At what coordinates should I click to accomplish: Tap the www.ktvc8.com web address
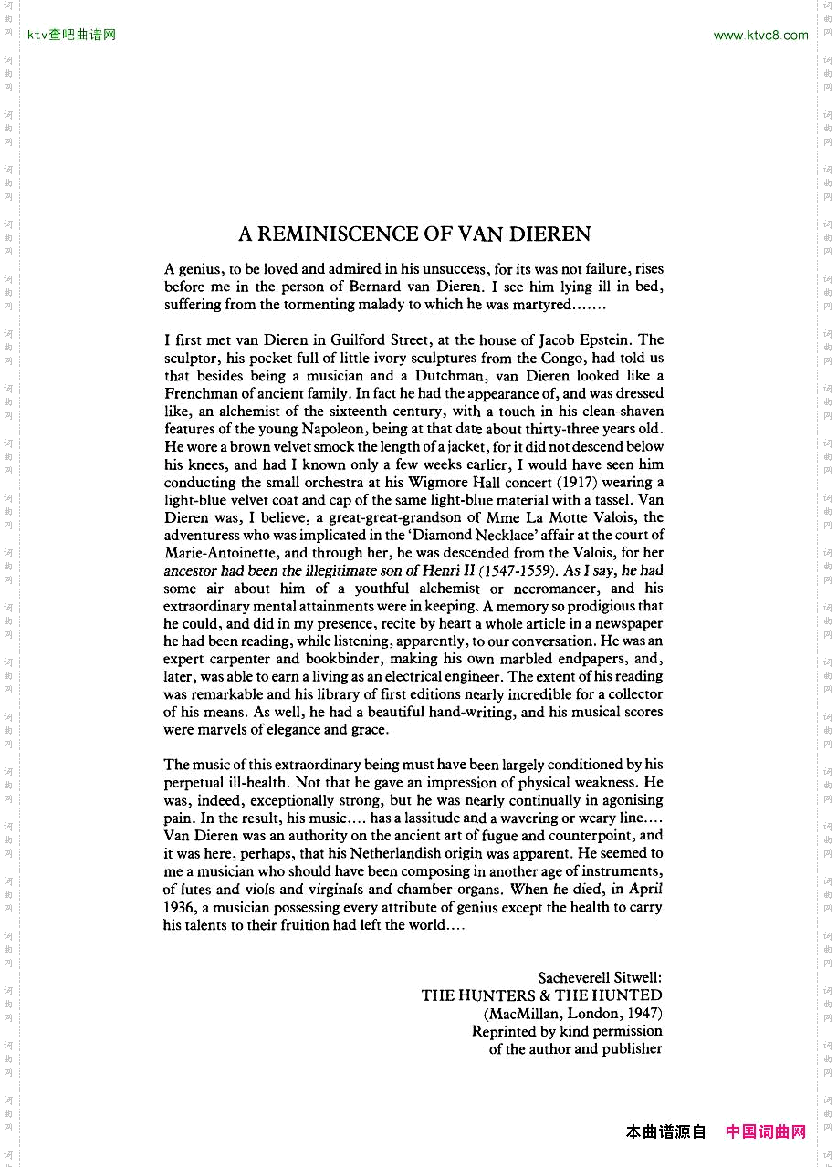point(760,36)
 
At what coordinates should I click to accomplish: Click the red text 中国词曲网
point(766,1131)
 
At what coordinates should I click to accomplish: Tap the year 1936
point(180,907)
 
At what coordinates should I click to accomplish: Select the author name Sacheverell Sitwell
point(600,977)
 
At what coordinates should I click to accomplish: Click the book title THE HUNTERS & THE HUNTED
point(541,995)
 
